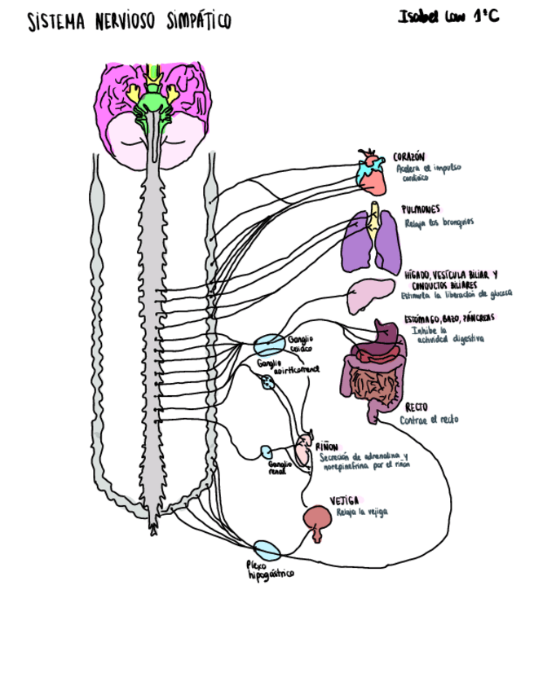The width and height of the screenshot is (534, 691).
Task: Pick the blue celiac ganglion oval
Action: [269, 343]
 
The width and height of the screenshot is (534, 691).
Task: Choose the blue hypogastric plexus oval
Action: [265, 549]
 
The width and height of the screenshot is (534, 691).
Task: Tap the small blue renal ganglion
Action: [266, 451]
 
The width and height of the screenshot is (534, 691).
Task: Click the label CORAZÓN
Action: [409, 156]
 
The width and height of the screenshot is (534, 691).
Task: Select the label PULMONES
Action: [421, 209]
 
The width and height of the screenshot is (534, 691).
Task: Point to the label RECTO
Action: [417, 407]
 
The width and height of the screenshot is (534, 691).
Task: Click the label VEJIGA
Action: [345, 500]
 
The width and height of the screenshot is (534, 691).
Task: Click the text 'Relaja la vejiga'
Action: [362, 513]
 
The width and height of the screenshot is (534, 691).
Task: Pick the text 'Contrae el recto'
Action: [429, 420]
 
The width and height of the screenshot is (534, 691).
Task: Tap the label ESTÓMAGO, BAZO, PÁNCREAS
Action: [448, 318]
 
